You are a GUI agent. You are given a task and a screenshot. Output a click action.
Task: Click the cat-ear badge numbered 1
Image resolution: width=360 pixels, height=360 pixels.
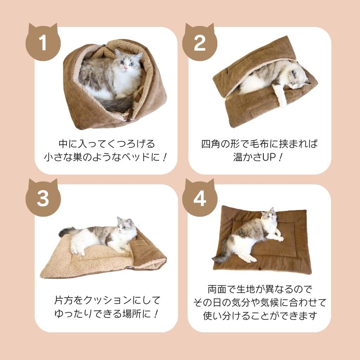click(43, 43)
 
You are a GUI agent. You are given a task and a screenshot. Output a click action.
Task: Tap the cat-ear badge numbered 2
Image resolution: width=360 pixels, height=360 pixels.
click(200, 43)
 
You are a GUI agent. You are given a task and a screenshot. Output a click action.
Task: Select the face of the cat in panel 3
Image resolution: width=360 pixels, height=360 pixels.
click(125, 227)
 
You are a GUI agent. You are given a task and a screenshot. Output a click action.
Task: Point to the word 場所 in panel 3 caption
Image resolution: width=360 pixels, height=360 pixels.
click(130, 314)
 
